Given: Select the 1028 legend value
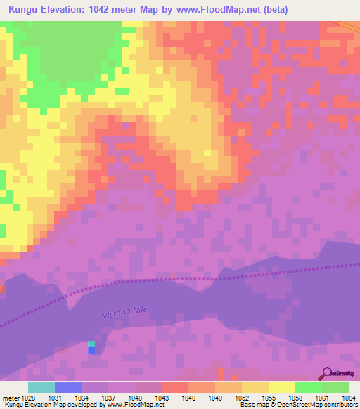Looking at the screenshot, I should point(28,398).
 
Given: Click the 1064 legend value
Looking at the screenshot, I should point(349,398).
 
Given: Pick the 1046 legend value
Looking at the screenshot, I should point(188,398).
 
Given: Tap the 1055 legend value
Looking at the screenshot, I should point(269,398).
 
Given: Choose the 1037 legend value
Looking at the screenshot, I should point(108,398).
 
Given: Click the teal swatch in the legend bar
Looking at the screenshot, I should point(41,387).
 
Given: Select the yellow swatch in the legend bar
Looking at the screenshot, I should point(281,387).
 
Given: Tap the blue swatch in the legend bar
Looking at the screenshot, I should point(68,387).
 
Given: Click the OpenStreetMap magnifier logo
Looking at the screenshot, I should point(328,374).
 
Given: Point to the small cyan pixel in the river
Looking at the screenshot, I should point(91,344).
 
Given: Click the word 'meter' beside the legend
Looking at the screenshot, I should point(10,398).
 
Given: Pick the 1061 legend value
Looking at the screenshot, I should point(322,398).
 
